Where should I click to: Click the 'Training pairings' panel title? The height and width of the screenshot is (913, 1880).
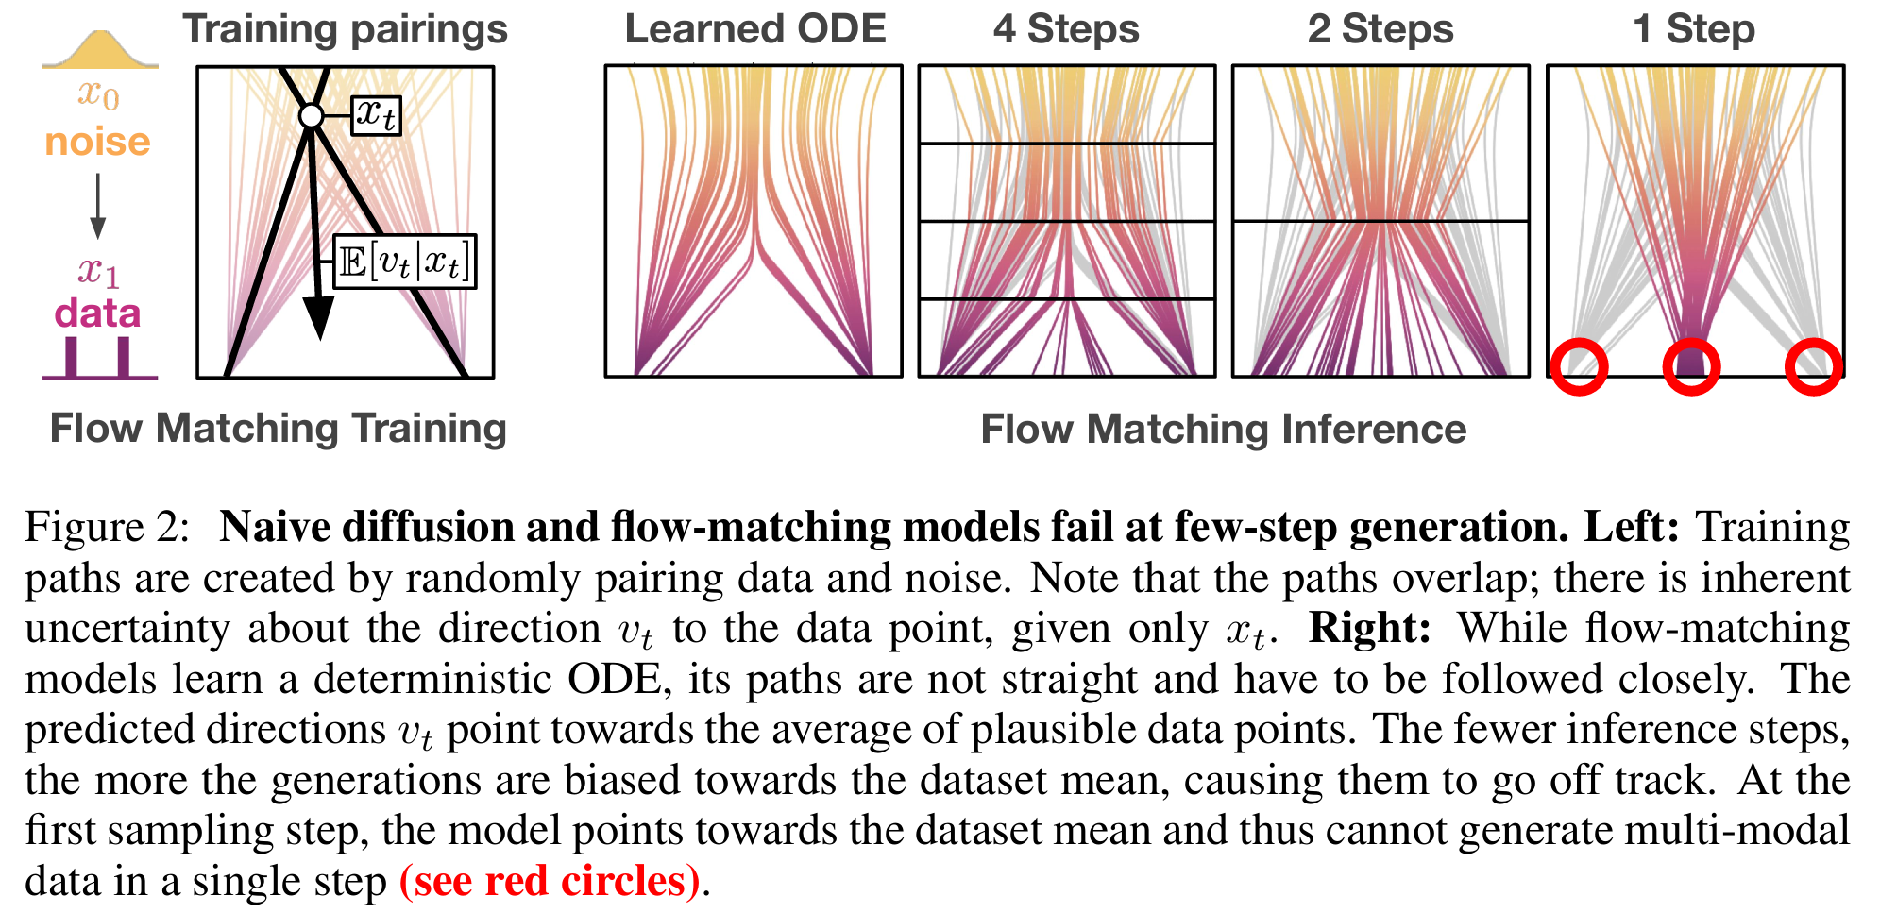click(345, 30)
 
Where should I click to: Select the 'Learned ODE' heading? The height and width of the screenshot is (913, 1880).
click(755, 29)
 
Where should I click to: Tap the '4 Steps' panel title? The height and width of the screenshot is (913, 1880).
click(1066, 30)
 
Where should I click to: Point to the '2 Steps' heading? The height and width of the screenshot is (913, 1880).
click(1380, 30)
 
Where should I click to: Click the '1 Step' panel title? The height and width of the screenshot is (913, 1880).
click(1694, 30)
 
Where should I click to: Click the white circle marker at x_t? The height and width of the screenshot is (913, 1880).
click(311, 116)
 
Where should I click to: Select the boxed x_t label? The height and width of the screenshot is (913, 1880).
click(377, 115)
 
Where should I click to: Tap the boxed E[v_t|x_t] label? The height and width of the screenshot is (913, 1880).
click(405, 262)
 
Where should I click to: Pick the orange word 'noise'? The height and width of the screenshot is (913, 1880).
click(98, 142)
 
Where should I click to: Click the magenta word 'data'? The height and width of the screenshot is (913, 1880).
click(97, 313)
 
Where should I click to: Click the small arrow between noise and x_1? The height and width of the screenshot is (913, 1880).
click(97, 206)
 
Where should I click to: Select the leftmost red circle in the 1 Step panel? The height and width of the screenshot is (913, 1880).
click(1579, 366)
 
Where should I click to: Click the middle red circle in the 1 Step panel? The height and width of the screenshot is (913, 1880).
click(1691, 366)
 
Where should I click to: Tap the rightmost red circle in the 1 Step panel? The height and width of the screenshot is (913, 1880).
click(1813, 366)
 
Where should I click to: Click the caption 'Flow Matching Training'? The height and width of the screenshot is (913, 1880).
click(279, 430)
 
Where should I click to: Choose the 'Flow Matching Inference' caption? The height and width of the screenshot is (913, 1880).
click(1224, 430)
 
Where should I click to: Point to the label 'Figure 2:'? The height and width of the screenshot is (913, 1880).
click(108, 527)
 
